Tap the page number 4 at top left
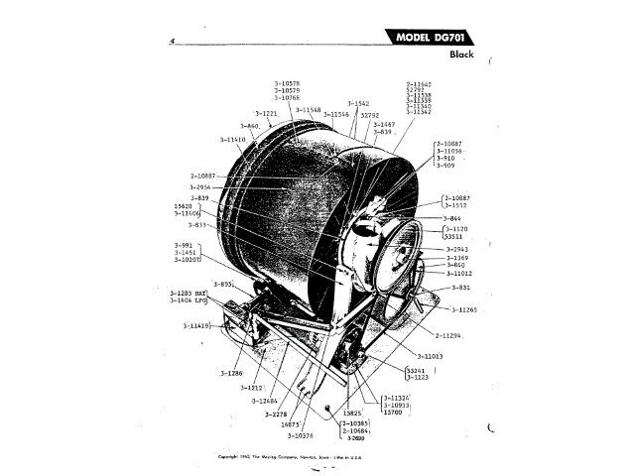point(172,42)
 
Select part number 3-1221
point(265,114)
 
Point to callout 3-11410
point(229,140)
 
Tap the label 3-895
point(224,285)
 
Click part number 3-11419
point(196,325)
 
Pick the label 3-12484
point(266,401)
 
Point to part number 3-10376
point(303,434)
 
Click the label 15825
point(354,411)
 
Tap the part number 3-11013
point(429,355)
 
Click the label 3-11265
point(462,310)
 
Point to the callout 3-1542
point(358,102)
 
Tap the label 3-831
point(460,288)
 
